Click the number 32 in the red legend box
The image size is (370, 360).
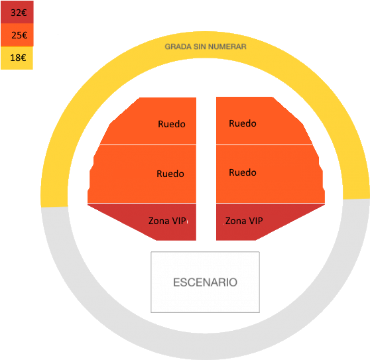[x=15, y=13]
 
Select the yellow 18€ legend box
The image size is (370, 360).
[x=17, y=58]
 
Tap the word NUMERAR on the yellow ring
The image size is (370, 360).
[x=227, y=46]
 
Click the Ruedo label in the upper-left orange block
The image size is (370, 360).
[x=172, y=124]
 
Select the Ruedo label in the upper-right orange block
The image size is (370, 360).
[x=243, y=123]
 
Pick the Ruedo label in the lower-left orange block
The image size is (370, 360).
[x=170, y=174]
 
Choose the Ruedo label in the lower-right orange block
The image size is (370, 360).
[x=243, y=172]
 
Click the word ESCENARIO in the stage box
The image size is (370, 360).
[x=206, y=282]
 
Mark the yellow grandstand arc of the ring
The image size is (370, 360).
[x=206, y=45]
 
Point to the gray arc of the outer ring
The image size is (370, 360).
[x=206, y=346]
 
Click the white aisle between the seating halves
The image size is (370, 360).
[x=206, y=168]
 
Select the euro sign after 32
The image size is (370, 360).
[x=24, y=13]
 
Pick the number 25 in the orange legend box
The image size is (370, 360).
[x=17, y=35]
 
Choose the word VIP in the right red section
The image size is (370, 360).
[x=256, y=221]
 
